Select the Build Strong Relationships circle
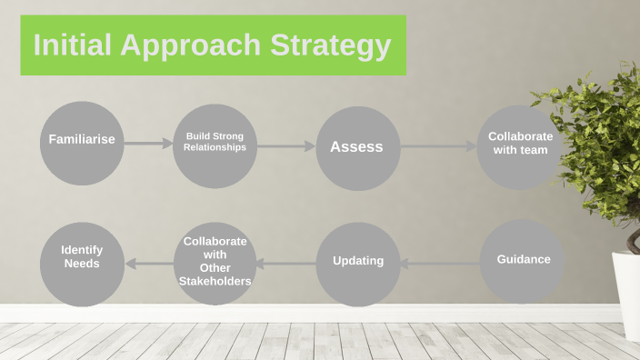[x=215, y=146]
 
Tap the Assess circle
[x=357, y=148]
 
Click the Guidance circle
[x=522, y=262]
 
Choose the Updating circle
[x=358, y=264]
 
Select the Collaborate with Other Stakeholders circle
[x=215, y=264]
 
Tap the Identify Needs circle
[x=82, y=264]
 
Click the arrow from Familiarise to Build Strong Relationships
[x=148, y=143]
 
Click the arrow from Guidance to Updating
[x=440, y=264]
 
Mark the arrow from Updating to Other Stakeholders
[x=286, y=264]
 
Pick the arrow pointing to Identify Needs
[x=149, y=264]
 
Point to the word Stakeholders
[x=215, y=282]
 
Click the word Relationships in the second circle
[x=215, y=147]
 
